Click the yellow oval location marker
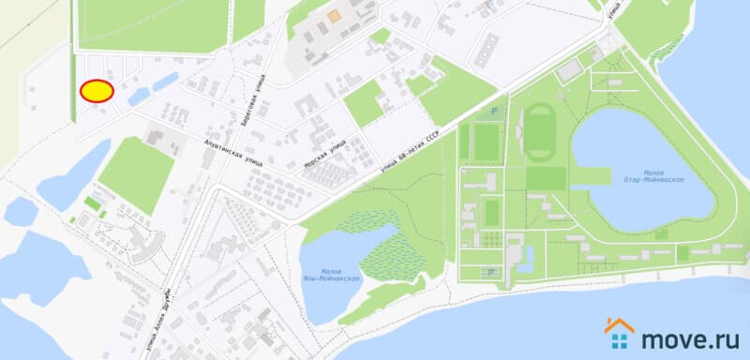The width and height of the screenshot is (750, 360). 97,91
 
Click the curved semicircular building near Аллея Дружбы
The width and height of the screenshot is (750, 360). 141,246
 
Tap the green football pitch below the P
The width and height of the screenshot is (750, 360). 486,142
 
